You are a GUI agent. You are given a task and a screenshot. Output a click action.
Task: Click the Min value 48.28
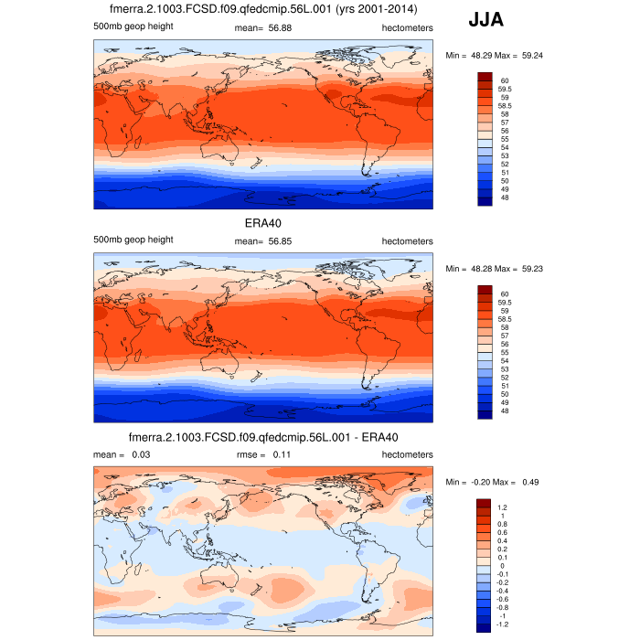tap(479, 269)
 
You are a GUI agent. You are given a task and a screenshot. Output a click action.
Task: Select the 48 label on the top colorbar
tap(505, 197)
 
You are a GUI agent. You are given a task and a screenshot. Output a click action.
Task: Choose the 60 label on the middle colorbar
tap(505, 293)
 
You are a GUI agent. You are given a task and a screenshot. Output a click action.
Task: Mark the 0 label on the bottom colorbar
tap(502, 566)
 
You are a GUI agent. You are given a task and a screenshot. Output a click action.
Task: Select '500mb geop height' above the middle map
tap(133, 240)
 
